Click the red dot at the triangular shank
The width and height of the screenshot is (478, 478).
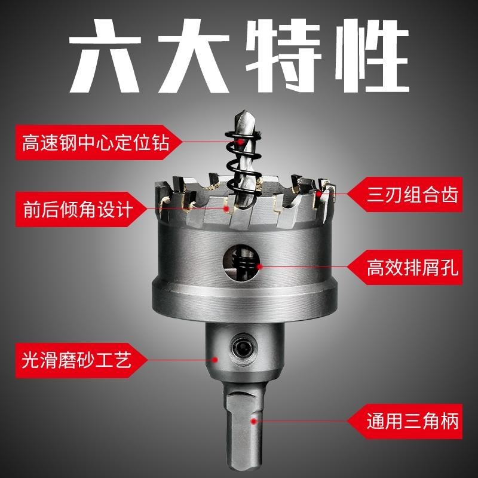point(254,422)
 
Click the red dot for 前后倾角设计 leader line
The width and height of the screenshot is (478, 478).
point(226,209)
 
